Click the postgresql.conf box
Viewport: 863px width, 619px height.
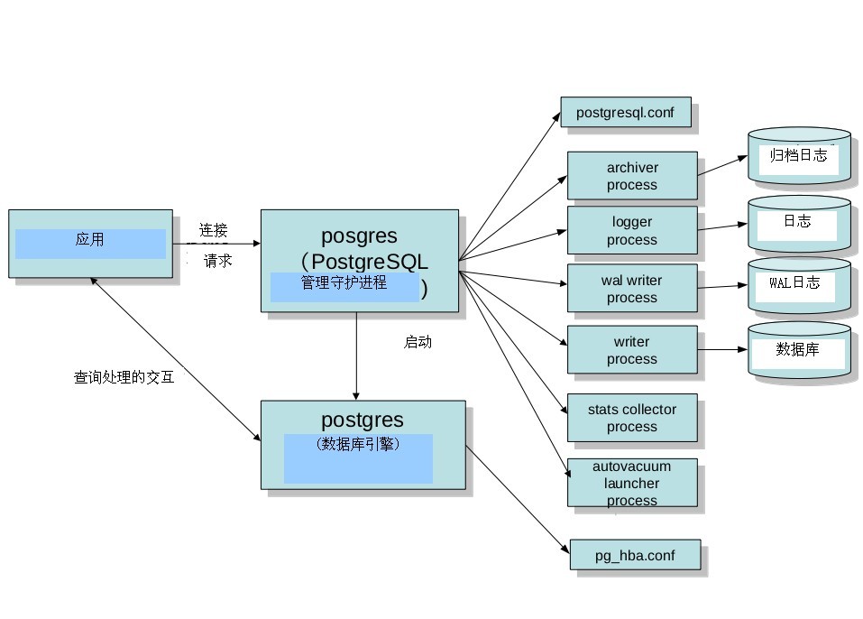(625, 112)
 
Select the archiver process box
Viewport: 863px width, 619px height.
(631, 176)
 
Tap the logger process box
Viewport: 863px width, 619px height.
(631, 230)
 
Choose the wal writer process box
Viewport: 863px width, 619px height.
(631, 289)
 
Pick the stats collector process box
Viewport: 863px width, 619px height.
(631, 418)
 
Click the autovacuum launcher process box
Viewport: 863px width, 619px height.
(631, 483)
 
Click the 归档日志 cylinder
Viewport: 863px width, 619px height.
(799, 157)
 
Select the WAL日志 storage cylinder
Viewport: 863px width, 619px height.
(799, 284)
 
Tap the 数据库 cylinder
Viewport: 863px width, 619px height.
(799, 350)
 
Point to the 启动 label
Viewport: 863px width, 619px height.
(418, 343)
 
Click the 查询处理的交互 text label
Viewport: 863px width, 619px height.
(124, 378)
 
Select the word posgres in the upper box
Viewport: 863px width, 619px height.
(359, 237)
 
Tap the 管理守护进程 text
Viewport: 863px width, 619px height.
(344, 283)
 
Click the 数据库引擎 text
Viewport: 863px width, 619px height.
(358, 444)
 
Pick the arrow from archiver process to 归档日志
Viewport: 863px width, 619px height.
(721, 164)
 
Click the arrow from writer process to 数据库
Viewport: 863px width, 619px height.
(721, 349)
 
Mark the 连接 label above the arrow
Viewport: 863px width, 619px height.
(214, 229)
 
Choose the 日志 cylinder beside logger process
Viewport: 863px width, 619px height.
(799, 222)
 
